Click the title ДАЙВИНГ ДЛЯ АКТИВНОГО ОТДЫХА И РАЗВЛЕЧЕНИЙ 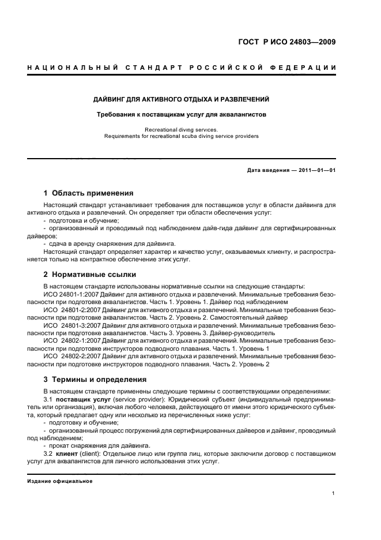(x=182, y=99)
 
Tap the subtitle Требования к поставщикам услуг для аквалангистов (x=182, y=114)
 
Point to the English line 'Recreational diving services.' (x=181, y=130)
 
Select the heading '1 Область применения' (x=89, y=193)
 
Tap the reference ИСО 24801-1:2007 (x=66, y=294)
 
